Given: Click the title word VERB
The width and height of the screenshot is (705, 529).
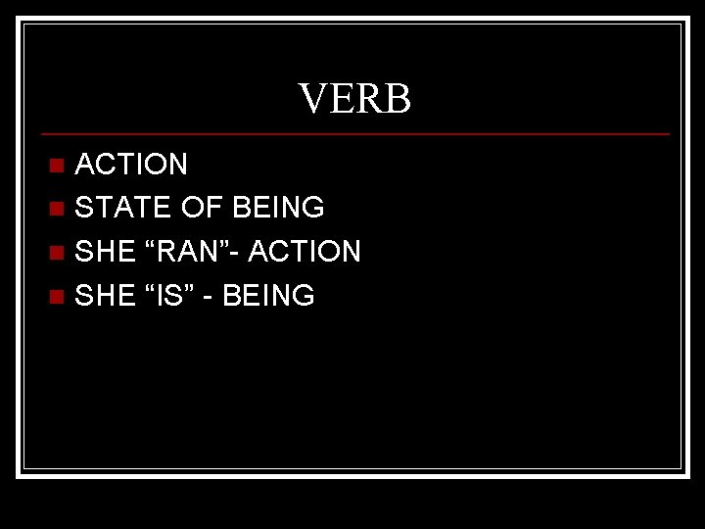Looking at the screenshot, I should (x=354, y=99).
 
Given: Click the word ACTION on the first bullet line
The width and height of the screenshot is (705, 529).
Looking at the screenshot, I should (x=131, y=164).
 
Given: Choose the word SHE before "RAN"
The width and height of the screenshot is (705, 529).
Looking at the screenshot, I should (x=105, y=252).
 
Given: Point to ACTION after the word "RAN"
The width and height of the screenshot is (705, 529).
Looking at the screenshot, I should (x=305, y=252).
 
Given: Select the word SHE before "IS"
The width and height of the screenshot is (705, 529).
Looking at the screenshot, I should (x=105, y=296).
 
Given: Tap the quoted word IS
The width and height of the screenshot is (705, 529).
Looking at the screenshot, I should (x=172, y=296).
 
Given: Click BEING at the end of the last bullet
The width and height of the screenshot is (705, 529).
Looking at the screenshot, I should (x=268, y=296).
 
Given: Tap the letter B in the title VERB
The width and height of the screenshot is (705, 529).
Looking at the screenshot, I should (x=397, y=99).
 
